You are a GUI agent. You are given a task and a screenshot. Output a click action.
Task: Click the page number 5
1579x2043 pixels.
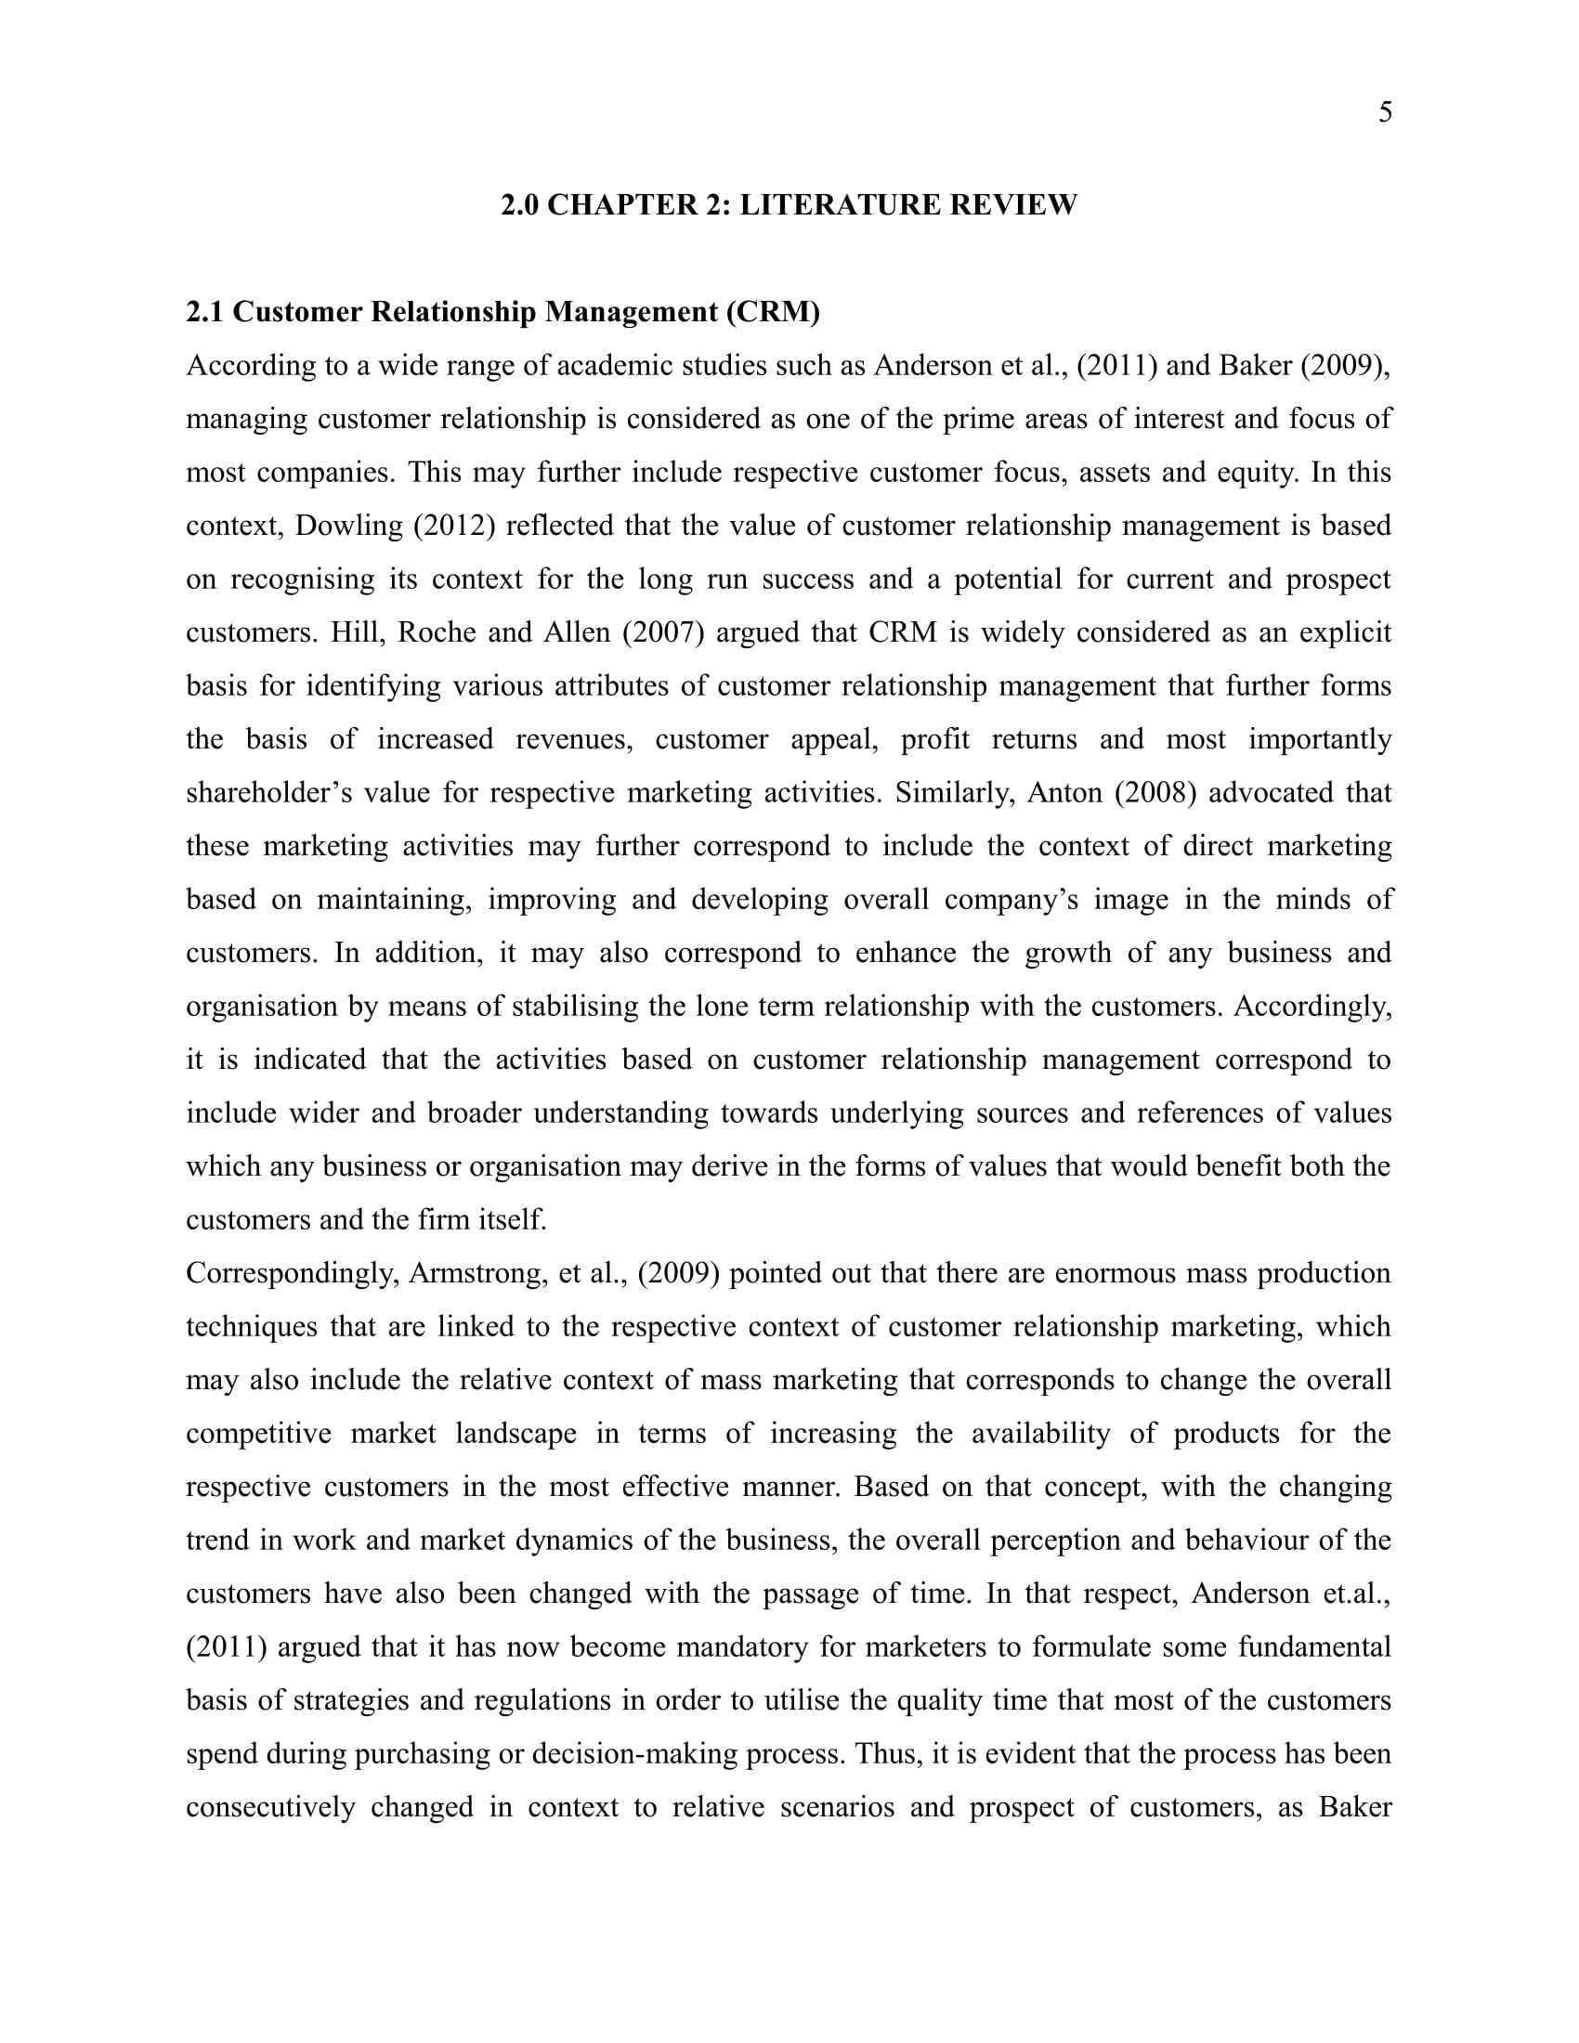1385,112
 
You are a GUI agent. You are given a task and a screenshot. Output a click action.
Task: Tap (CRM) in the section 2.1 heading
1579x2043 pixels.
773,311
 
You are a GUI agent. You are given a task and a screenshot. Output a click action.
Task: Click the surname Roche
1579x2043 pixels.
437,632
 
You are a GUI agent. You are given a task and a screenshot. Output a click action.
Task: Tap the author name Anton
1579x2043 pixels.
1065,792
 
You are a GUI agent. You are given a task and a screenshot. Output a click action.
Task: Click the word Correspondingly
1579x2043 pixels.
292,1274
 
